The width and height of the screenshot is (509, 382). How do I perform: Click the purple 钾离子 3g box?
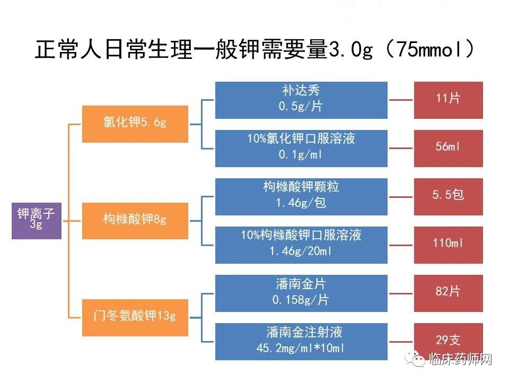tap(37, 221)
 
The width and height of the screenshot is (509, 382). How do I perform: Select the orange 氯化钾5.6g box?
tap(135, 124)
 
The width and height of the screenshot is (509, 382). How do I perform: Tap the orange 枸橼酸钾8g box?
tap(135, 221)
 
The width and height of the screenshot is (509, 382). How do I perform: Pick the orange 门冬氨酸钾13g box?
tap(135, 318)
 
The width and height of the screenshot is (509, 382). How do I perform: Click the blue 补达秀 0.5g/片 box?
tap(301, 100)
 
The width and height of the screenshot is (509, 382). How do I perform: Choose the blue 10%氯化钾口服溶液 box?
tap(301, 149)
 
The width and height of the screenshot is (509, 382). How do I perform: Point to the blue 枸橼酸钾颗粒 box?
tap(301, 197)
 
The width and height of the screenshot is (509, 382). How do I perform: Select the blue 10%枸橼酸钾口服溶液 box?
tap(301, 245)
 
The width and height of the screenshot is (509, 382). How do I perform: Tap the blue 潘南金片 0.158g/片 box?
tap(301, 293)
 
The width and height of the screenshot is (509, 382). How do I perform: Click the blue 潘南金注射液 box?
tap(301, 342)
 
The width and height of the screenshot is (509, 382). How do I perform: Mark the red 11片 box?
tap(449, 100)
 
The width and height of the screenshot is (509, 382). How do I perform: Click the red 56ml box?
tap(449, 149)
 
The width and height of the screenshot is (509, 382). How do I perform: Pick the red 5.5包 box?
tap(449, 197)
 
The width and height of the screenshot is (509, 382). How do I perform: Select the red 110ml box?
tap(449, 245)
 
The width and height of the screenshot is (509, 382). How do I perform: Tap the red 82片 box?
tap(449, 293)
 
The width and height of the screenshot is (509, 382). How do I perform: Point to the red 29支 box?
tap(449, 341)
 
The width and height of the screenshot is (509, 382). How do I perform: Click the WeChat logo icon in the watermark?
tap(415, 359)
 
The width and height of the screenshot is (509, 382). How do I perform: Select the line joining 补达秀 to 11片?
tap(401, 100)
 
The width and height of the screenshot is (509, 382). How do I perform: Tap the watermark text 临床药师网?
tap(460, 359)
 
